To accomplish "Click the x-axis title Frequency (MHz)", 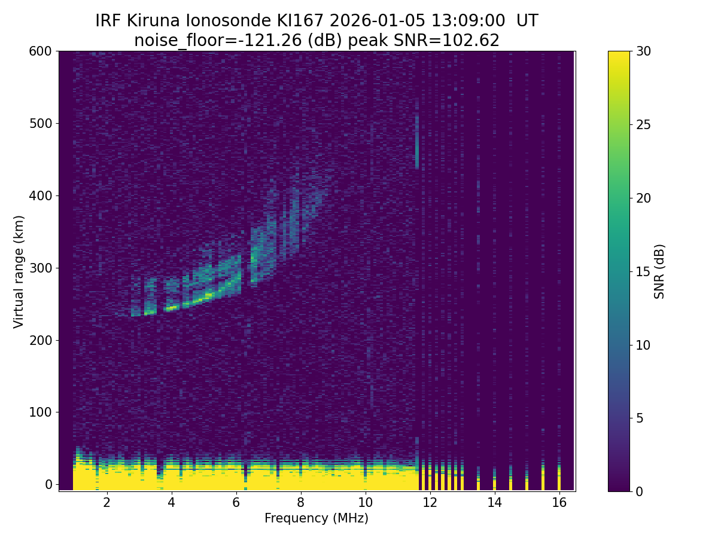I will [317, 518].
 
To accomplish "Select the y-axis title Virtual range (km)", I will [19, 271].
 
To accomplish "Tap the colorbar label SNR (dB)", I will [659, 271].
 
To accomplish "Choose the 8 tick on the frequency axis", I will [300, 502].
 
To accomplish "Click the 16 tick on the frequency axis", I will [559, 502].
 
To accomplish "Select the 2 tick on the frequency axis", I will [107, 502].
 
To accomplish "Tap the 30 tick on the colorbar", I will [644, 51].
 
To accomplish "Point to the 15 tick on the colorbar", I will [644, 271].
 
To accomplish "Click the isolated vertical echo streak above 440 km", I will [417, 142].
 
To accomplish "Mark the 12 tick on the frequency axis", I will [430, 502].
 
